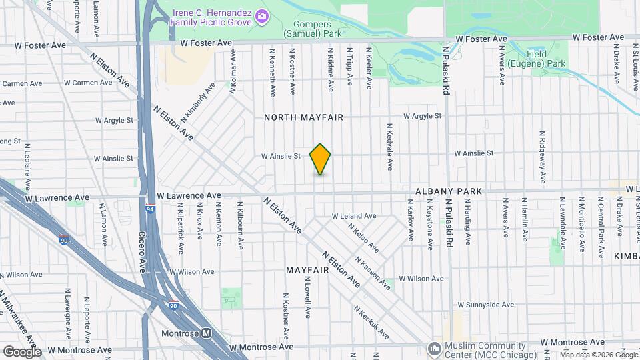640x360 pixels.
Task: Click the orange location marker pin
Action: pos(320,159)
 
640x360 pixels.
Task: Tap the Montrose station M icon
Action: pos(207,333)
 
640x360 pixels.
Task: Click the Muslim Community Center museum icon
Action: pos(435,348)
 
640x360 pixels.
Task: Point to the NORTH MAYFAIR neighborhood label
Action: pos(303,117)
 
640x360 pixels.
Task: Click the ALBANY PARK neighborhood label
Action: pos(448,191)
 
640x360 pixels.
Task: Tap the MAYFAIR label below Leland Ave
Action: pos(308,271)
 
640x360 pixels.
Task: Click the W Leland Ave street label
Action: pos(354,216)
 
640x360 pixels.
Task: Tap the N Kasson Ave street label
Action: pos(373,273)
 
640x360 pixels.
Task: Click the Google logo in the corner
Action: pos(22,351)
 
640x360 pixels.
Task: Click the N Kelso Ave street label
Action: pos(363,237)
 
